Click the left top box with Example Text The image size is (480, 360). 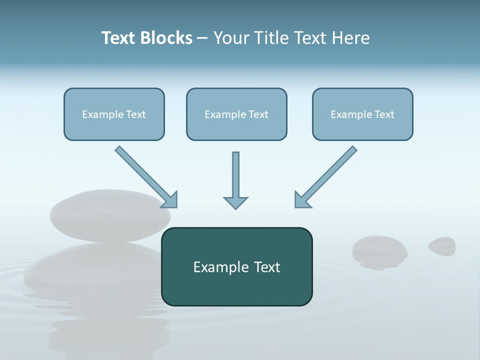click(114, 114)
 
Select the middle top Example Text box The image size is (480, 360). click(236, 114)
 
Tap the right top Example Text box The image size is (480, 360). click(362, 114)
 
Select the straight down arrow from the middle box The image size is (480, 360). click(235, 177)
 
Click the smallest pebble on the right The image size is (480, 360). click(442, 245)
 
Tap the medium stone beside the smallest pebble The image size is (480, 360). click(380, 250)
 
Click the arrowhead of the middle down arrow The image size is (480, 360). click(235, 202)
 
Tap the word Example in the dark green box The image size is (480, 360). click(218, 267)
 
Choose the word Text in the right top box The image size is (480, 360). click(384, 114)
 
